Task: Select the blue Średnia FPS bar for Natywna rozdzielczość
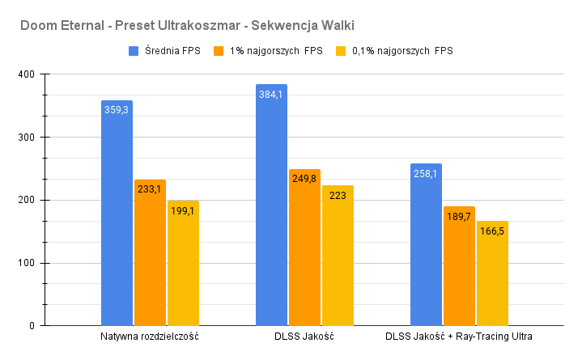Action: pyautogui.click(x=117, y=218)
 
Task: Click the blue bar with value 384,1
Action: pyautogui.click(x=271, y=210)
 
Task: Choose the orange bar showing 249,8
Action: pyautogui.click(x=304, y=251)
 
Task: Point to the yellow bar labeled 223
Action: pyautogui.click(x=338, y=259)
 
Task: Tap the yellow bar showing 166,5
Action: pyautogui.click(x=492, y=275)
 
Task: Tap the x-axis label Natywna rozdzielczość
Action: pyautogui.click(x=150, y=336)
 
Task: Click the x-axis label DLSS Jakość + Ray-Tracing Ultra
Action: pyautogui.click(x=459, y=336)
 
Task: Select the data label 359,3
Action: pyautogui.click(x=117, y=109)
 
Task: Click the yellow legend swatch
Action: pyautogui.click(x=341, y=50)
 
